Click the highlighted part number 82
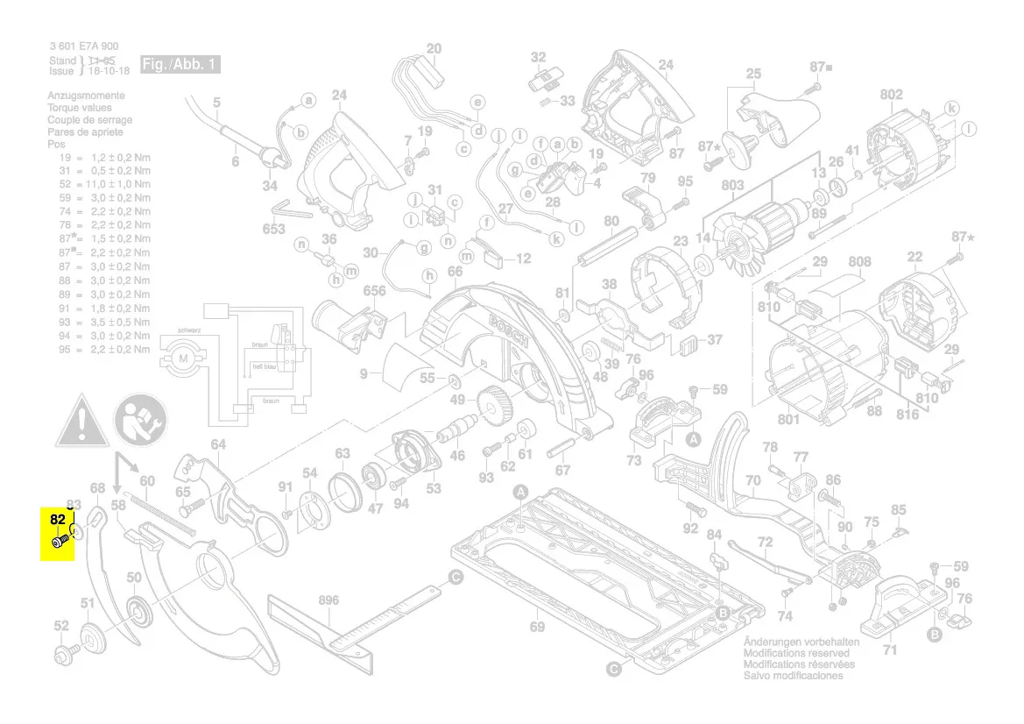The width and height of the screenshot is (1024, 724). tap(58, 520)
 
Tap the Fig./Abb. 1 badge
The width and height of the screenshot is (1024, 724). tap(180, 65)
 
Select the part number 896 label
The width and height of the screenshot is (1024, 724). tap(328, 600)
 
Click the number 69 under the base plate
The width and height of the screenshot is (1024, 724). tap(537, 627)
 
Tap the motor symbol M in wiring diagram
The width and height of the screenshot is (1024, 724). tap(185, 358)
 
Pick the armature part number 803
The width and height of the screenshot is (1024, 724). tap(732, 186)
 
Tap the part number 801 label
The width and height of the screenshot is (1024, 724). tap(788, 420)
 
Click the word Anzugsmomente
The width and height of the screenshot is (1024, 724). tap(86, 96)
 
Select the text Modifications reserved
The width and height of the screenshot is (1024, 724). tap(795, 653)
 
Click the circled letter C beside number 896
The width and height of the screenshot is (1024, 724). tap(456, 577)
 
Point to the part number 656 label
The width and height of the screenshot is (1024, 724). tap(374, 291)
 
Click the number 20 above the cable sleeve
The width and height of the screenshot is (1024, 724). tap(434, 48)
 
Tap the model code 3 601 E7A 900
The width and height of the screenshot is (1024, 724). tap(84, 46)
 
